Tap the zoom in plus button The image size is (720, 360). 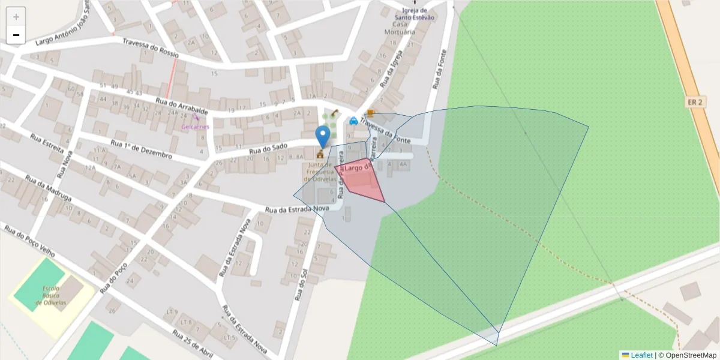tap(16, 17)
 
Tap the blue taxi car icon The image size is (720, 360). tap(353, 120)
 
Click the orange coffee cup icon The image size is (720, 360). tap(371, 113)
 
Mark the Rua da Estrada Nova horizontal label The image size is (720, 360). tap(298, 209)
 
